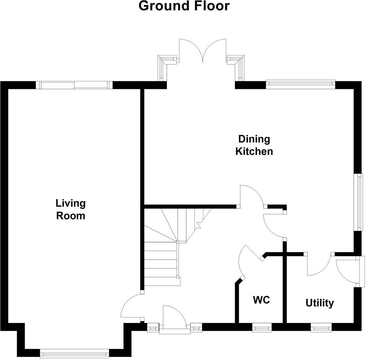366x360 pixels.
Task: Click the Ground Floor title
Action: (184, 6)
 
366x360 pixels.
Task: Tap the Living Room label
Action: (71, 209)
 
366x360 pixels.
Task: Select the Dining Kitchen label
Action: (254, 145)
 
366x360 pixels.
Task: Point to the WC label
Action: (262, 300)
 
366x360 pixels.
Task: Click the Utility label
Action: (320, 303)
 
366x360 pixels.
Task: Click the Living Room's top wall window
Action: (74, 85)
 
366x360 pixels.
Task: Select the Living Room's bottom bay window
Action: (74, 353)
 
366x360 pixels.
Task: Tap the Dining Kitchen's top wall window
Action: (300, 83)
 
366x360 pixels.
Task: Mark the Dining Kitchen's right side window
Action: (359, 202)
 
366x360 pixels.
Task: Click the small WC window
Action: (262, 328)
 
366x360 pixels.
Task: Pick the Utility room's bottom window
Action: (321, 328)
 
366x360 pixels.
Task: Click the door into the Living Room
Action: (130, 307)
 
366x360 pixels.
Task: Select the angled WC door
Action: (248, 260)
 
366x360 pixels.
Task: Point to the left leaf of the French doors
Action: (190, 51)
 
